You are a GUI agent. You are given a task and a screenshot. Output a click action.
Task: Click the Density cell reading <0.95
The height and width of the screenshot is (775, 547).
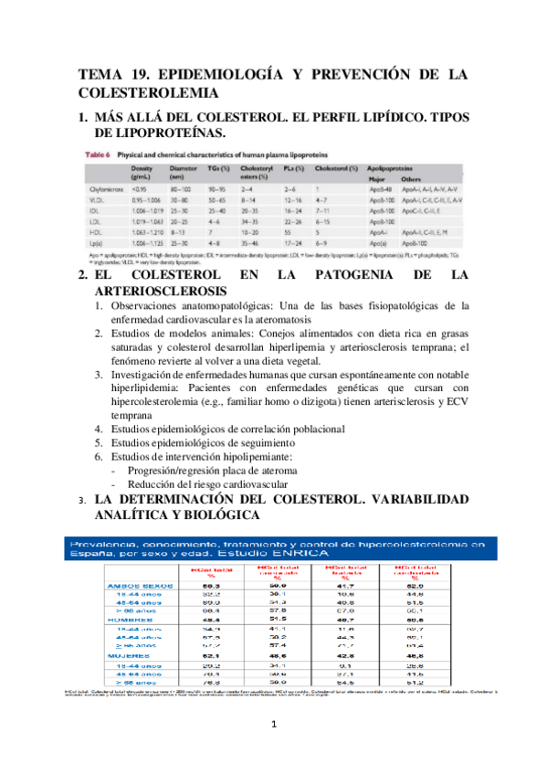tap(139, 188)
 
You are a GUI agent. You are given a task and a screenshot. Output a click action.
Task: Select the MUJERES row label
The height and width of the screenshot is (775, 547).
tap(131, 654)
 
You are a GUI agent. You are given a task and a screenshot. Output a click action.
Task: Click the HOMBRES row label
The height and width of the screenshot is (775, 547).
tap(132, 620)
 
